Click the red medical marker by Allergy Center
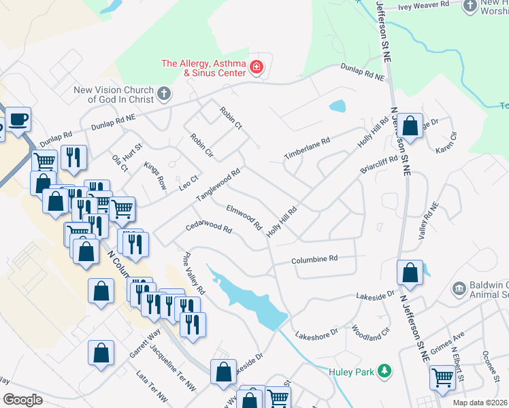pyautogui.click(x=256, y=67)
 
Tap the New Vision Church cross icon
pyautogui.click(x=163, y=92)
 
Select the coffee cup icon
pyautogui.click(x=18, y=120)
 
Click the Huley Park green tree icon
pyautogui.click(x=385, y=371)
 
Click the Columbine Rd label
pyautogui.click(x=314, y=259)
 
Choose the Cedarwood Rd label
pyautogui.click(x=209, y=226)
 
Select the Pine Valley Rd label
pyautogui.click(x=193, y=273)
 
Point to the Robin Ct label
pyautogui.click(x=231, y=117)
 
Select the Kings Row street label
pyautogui.click(x=155, y=176)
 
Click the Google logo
pyautogui.click(x=22, y=399)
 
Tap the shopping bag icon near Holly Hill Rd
pyautogui.click(x=410, y=126)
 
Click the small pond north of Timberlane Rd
pyautogui.click(x=337, y=106)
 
